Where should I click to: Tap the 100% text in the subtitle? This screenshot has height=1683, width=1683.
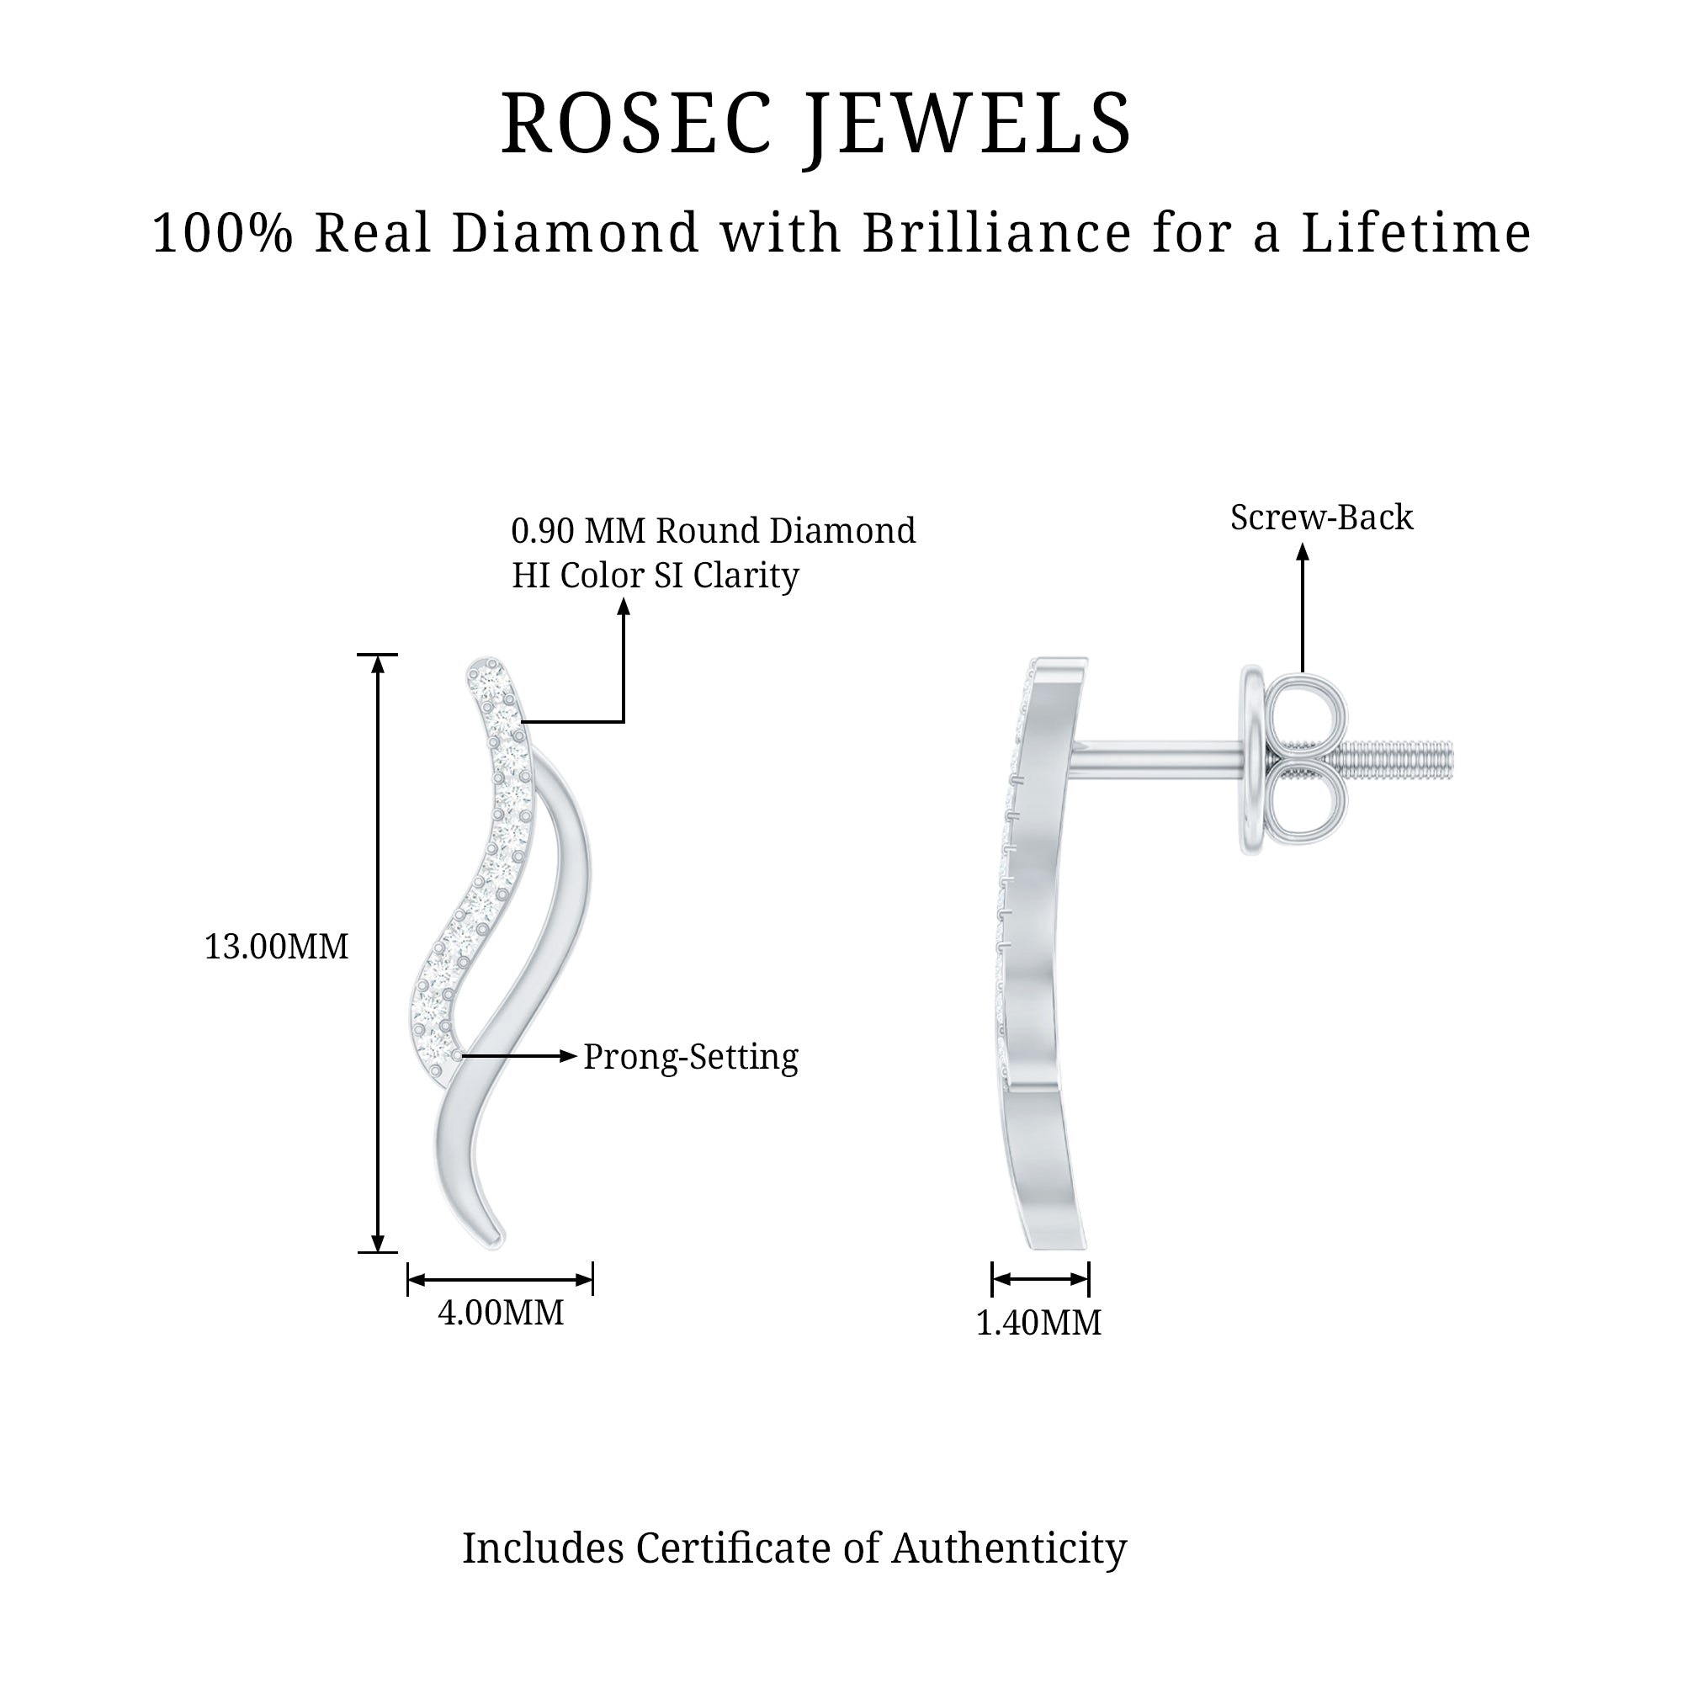pos(222,233)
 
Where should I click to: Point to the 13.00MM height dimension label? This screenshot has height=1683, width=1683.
pos(276,947)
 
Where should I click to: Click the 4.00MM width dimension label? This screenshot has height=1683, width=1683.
pos(501,1312)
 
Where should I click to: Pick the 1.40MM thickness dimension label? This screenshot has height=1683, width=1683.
pos(1038,1322)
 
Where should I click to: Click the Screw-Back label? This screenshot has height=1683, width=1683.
pos(1320,518)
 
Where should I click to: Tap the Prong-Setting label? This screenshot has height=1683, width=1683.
pos(690,1057)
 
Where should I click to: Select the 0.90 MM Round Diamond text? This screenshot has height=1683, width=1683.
pos(713,530)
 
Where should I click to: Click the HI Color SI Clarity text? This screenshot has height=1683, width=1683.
pos(655,575)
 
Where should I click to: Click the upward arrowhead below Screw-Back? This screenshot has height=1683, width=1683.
pos(1303,552)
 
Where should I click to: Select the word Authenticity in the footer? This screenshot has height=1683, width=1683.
pos(1010,1548)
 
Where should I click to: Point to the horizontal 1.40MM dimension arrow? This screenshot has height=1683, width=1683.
pos(1040,1279)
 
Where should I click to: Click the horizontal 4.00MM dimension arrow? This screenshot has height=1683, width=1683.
pos(500,1280)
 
